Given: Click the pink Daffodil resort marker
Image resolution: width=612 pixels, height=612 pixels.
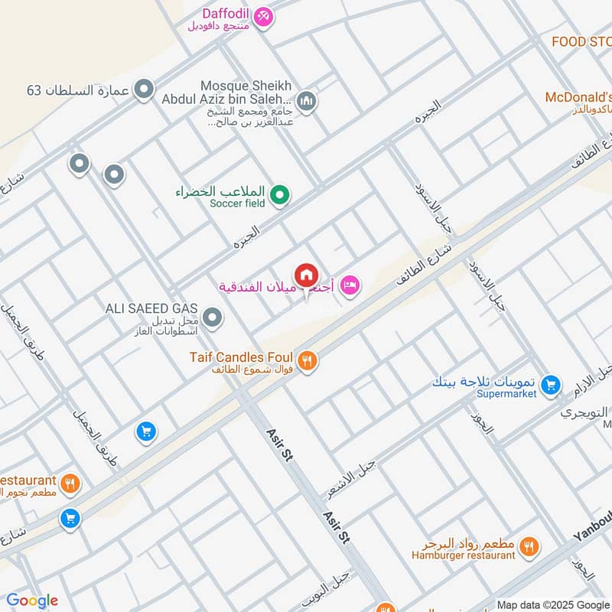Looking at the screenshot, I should pos(263,16).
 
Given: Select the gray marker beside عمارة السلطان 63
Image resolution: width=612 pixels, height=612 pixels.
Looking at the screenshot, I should pos(143,91).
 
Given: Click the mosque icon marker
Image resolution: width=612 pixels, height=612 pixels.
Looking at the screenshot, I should pos(307,102).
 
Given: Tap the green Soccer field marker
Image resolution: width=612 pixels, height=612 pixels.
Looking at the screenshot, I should pos(280,196).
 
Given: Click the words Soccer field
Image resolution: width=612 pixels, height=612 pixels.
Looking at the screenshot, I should pos(237,203).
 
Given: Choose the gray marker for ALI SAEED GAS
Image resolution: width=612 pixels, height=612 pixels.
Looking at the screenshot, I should pos(213,317).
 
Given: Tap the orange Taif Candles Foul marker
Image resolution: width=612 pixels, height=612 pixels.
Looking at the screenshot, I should pos(307,360).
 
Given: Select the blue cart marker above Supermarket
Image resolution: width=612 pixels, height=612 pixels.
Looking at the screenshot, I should pos(550,385).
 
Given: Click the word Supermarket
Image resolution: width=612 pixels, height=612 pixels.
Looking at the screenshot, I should pos(506,395).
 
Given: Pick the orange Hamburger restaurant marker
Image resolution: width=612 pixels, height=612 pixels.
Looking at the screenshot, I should pos(528,546).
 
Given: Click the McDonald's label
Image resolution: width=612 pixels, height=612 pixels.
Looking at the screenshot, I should pos(578,98).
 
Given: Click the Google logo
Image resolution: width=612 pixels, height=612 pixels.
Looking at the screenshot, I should pos(32,601).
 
